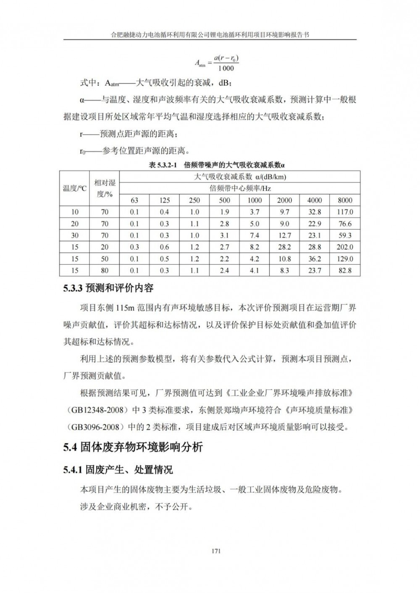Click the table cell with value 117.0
coord(345,212)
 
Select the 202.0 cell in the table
coord(345,247)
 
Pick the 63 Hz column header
coord(134,200)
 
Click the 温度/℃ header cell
coord(75,188)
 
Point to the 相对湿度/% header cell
coord(105,188)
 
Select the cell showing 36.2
coord(315,259)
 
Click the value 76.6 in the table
coord(345,224)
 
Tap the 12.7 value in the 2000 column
coord(284,235)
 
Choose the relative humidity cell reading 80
coord(105,270)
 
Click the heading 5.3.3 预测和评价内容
coord(108,289)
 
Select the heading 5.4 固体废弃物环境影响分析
coord(133,447)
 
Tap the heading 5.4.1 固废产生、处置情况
coord(118,469)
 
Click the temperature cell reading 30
coord(75,235)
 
